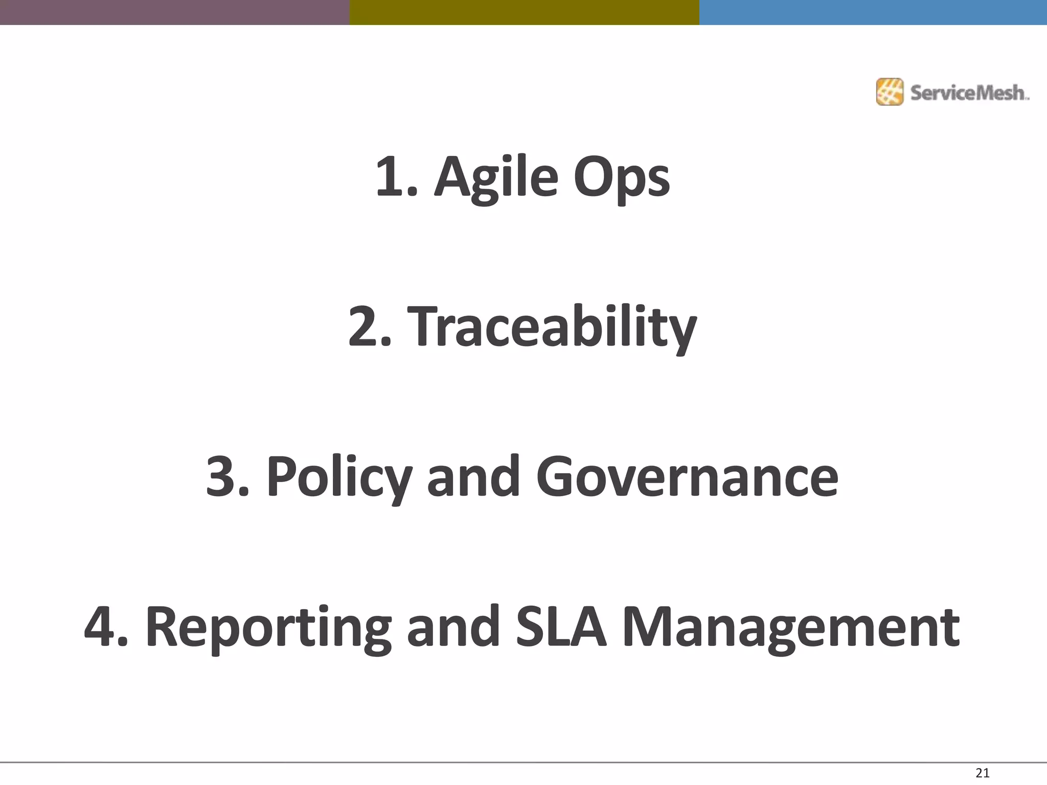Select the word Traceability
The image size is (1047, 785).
tap(554, 327)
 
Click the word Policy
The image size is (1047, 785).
tap(339, 477)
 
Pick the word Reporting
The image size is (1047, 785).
tap(268, 628)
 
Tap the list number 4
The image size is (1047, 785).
tap(102, 627)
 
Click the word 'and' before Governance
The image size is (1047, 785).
tap(473, 477)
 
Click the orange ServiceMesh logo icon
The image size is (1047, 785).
tap(890, 92)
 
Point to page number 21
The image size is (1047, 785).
tap(983, 773)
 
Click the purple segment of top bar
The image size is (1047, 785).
tap(174, 12)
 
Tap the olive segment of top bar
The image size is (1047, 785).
tap(524, 12)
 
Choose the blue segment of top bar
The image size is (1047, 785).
tap(873, 12)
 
